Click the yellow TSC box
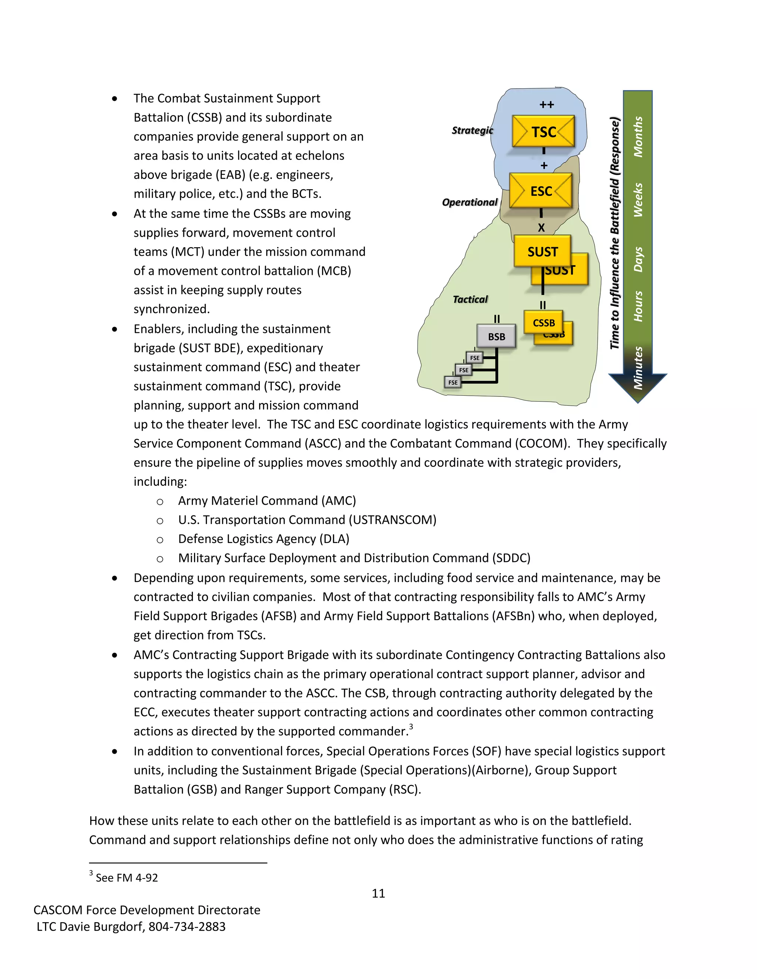543,132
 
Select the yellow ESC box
541,191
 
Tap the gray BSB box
496,337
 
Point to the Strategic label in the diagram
472,130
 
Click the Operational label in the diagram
469,202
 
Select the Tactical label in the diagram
470,299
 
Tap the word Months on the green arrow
638,137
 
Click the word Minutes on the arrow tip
638,368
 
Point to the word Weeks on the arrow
638,200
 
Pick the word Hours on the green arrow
638,306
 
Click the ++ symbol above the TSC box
547,105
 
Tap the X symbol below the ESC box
541,228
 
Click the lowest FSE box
453,382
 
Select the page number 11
378,893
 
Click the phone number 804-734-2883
187,927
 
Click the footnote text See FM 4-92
126,878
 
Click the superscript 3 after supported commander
411,727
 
